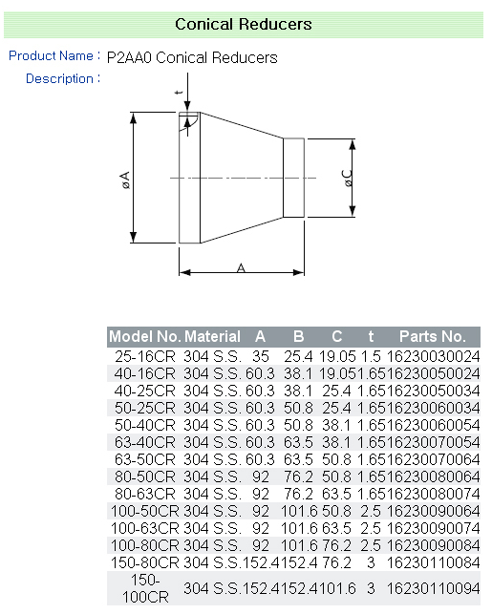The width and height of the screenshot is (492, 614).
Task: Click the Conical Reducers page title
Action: pyautogui.click(x=244, y=24)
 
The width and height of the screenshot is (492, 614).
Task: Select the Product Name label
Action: pyautogui.click(x=51, y=56)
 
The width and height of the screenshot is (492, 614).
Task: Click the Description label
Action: pyautogui.click(x=59, y=79)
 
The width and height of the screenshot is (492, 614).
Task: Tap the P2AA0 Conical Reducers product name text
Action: pyautogui.click(x=192, y=58)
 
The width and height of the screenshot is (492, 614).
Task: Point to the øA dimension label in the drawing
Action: pyautogui.click(x=125, y=179)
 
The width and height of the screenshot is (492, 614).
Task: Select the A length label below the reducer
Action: pyautogui.click(x=241, y=269)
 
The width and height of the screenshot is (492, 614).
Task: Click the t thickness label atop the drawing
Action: pyautogui.click(x=178, y=92)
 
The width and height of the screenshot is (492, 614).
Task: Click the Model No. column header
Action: pyautogui.click(x=144, y=337)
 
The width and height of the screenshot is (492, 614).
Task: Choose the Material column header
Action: pyautogui.click(x=212, y=337)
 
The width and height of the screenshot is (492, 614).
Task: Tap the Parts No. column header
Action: pyautogui.click(x=432, y=337)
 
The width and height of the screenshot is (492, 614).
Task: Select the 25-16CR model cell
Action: pyautogui.click(x=144, y=356)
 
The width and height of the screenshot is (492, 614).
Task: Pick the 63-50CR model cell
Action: pyautogui.click(x=144, y=459)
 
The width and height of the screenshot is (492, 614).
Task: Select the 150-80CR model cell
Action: pyautogui.click(x=144, y=562)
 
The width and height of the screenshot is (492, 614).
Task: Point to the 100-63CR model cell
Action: pyautogui.click(x=144, y=528)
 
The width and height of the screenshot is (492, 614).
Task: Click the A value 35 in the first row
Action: pyautogui.click(x=260, y=356)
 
